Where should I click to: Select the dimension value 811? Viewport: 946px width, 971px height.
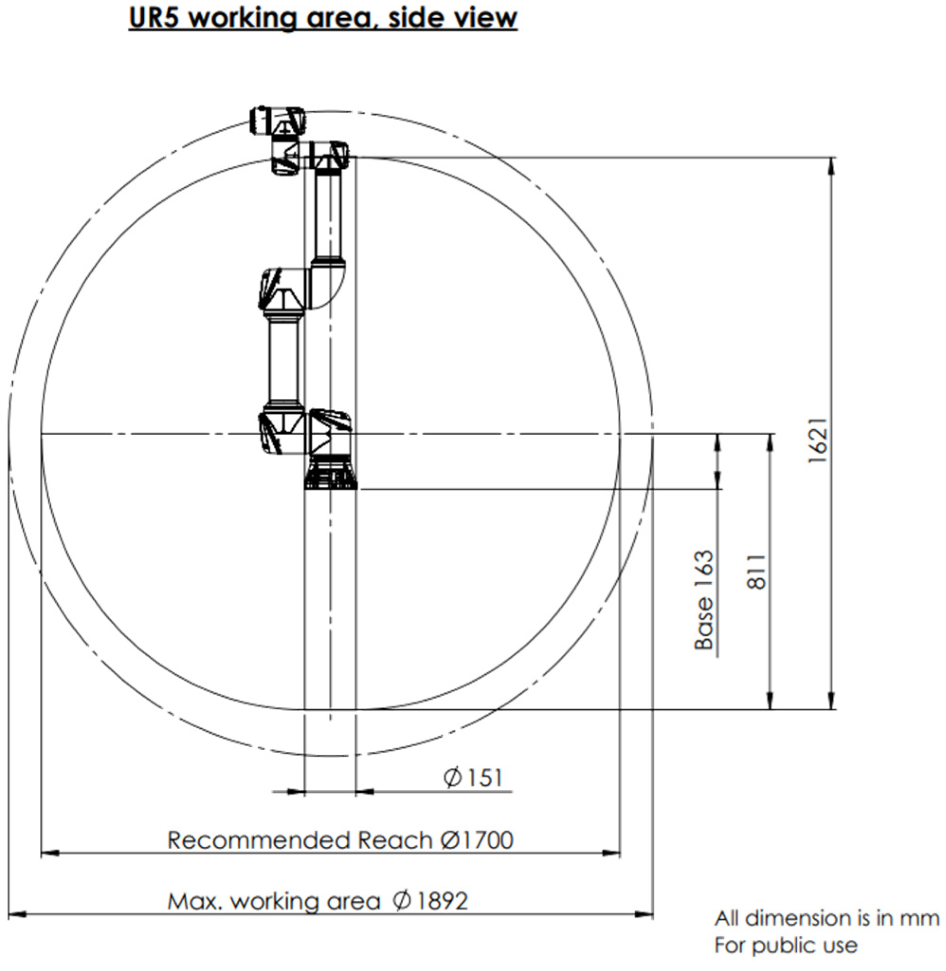757,572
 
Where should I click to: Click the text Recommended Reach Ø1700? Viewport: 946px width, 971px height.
340,840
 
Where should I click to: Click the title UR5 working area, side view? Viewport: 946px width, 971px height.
323,18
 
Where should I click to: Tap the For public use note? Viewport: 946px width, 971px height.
786,945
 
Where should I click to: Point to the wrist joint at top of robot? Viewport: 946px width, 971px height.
278,121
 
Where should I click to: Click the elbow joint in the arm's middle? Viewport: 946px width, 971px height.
303,288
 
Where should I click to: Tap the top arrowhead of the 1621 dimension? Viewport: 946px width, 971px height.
832,166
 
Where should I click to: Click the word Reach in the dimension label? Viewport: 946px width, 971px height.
396,840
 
